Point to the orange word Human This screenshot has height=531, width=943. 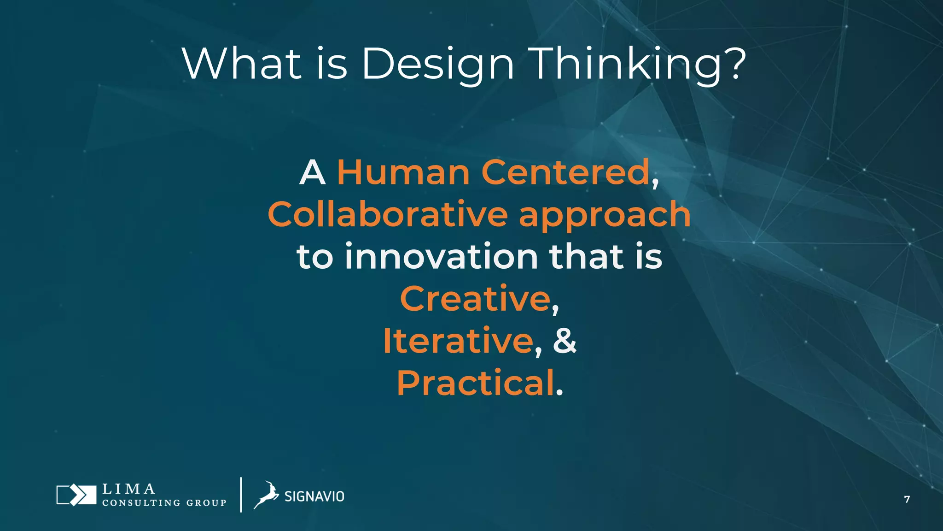point(403,172)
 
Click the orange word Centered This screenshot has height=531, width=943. point(565,172)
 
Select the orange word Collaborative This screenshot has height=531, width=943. point(388,215)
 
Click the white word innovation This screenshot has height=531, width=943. point(441,257)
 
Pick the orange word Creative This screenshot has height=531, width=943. point(475,299)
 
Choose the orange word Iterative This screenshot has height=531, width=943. point(458,341)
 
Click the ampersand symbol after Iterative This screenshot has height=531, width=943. point(565,341)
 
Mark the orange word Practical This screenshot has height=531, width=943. point(476,383)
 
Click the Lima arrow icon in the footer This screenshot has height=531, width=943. point(76,495)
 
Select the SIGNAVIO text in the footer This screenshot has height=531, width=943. point(314,496)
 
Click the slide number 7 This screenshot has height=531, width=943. point(907,499)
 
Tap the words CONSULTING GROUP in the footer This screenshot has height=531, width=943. point(164,503)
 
